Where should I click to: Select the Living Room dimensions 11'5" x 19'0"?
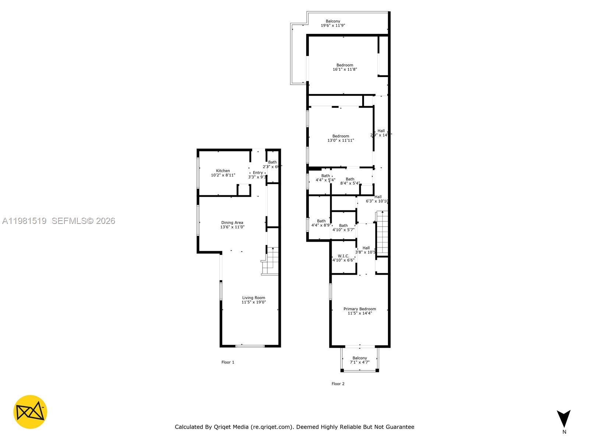point(254,302)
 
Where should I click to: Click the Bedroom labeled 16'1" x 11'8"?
point(345,67)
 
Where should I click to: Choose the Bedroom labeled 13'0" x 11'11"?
point(341,138)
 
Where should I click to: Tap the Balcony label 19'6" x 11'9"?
point(333,23)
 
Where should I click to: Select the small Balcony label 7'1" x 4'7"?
point(360,360)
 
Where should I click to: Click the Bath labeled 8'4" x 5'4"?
point(350,181)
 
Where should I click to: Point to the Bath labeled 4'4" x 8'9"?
point(321,223)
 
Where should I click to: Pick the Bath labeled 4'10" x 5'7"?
point(343,227)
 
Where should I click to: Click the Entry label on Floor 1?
point(258,173)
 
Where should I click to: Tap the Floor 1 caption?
point(228,362)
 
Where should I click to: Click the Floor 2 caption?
point(338,383)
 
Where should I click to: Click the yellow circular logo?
point(30,412)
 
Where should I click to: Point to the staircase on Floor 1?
point(271,260)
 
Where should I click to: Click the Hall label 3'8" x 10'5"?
point(366,250)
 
